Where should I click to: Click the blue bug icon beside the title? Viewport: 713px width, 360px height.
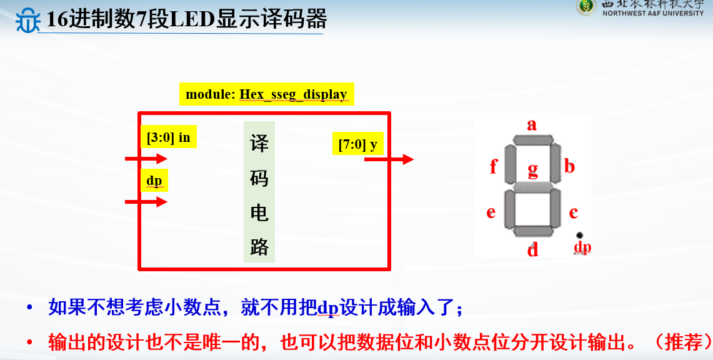click(27, 21)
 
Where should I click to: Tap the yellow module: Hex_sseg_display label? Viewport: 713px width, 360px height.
click(266, 94)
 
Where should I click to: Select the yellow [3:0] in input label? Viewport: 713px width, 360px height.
click(169, 137)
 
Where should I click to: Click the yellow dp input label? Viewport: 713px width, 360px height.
click(154, 181)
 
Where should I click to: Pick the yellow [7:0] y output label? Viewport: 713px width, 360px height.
click(358, 144)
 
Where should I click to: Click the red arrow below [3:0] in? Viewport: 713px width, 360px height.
click(146, 159)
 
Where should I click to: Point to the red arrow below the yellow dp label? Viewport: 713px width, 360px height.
click(146, 201)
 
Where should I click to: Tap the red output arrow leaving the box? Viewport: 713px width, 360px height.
click(389, 159)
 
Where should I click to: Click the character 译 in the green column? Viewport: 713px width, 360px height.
click(259, 143)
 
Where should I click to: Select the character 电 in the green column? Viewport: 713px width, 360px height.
click(259, 212)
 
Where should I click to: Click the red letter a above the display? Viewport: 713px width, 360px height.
click(532, 124)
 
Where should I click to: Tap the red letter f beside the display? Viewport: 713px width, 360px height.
click(494, 166)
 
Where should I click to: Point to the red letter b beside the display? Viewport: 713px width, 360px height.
click(569, 166)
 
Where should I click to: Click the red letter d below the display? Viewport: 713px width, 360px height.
click(532, 249)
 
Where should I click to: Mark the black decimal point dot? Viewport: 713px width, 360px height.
click(579, 236)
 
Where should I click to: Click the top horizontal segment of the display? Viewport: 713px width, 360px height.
click(533, 140)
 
